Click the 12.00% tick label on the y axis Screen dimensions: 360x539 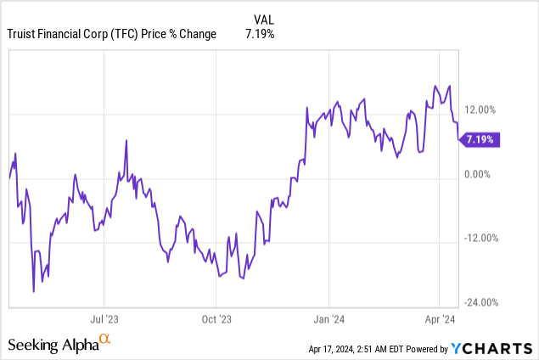(481, 109)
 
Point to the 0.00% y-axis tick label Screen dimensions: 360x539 (480, 174)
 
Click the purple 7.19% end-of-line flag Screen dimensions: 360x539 (480, 139)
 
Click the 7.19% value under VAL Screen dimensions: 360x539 (260, 34)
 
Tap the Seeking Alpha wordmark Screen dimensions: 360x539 (53, 345)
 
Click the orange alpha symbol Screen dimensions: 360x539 (105, 340)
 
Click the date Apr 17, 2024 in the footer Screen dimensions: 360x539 (335, 348)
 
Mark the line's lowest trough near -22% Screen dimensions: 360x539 (33, 292)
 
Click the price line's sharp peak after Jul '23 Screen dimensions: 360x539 (126, 141)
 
